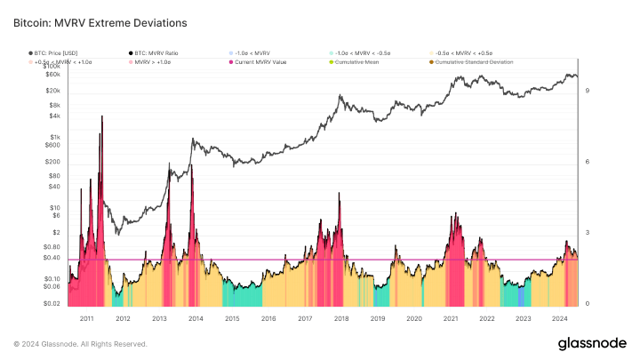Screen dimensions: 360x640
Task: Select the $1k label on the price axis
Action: [52, 137]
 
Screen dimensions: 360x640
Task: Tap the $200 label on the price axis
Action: [52, 162]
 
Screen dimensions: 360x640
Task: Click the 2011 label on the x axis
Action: [86, 317]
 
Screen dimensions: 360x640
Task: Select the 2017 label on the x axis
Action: [304, 317]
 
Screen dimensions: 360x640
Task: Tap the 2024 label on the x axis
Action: [560, 317]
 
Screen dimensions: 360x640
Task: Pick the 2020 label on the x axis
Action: [414, 317]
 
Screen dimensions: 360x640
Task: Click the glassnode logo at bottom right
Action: [592, 343]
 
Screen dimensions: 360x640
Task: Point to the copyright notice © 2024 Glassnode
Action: [80, 344]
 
